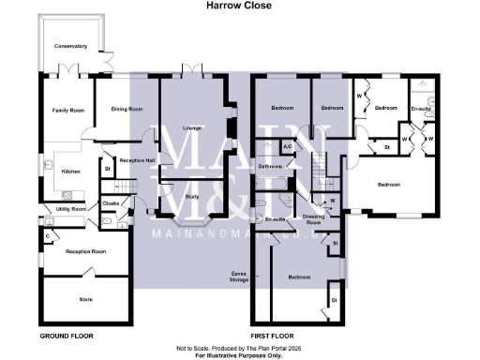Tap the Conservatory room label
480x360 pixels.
pos(70,45)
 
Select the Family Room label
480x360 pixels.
pos(68,111)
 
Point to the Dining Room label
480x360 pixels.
pos(127,110)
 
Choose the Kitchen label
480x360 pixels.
pos(71,172)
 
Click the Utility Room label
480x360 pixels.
pos(71,208)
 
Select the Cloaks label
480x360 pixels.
pos(111,202)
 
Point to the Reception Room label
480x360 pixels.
pos(85,251)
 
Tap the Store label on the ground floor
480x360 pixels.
pos(84,299)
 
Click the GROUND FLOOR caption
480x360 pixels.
pos(67,335)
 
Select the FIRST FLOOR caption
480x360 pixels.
pos(276,335)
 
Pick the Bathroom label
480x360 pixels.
pos(270,166)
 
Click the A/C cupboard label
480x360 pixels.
pos(289,146)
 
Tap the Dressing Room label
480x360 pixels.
pos(314,219)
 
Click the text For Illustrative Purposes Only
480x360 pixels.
pos(239,355)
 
